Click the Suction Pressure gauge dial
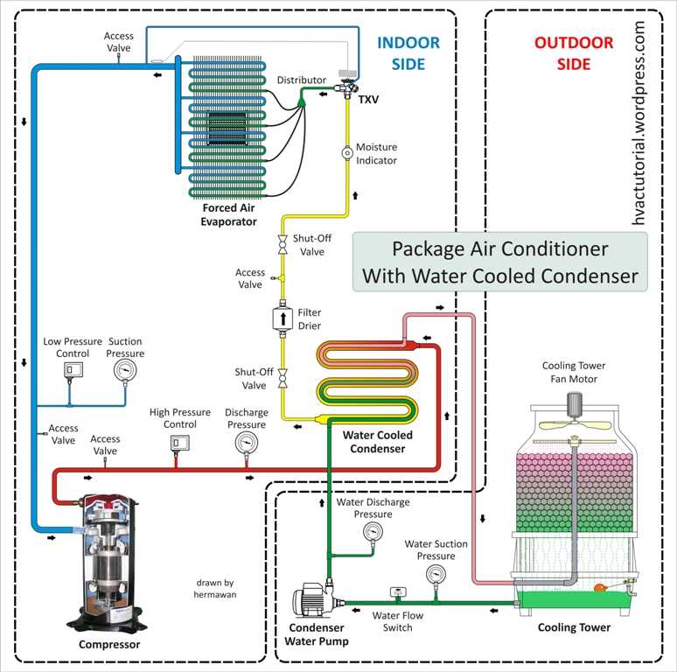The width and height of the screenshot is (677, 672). pyautogui.click(x=125, y=371)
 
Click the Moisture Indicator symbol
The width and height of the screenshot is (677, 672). pyautogui.click(x=346, y=152)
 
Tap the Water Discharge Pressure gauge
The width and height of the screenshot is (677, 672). pyautogui.click(x=373, y=532)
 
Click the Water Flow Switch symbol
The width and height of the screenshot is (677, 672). pyautogui.click(x=396, y=593)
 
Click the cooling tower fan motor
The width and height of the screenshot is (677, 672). pyautogui.click(x=576, y=405)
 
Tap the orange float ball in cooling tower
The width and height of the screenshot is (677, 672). pyautogui.click(x=600, y=586)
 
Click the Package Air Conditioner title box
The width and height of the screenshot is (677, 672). pyautogui.click(x=499, y=262)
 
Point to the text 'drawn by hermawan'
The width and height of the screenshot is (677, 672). pyautogui.click(x=215, y=588)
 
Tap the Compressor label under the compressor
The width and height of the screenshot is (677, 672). pyautogui.click(x=109, y=645)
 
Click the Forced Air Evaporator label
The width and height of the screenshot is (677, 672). pyautogui.click(x=229, y=215)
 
